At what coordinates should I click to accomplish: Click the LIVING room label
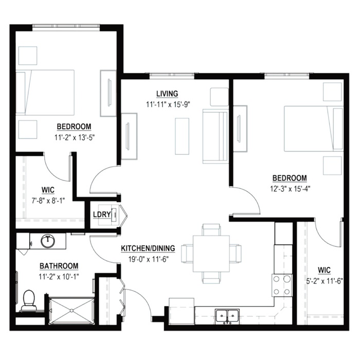167,94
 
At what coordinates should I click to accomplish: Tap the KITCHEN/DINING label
148,248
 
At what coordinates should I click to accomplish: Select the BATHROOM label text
59,266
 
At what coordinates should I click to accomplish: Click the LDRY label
102,214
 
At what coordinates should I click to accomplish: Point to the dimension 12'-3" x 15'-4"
290,189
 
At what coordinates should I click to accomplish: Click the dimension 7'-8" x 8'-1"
48,201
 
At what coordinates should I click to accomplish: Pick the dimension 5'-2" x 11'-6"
325,281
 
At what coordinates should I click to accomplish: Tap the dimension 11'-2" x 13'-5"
75,137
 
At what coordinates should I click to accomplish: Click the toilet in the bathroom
28,300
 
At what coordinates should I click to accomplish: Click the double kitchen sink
227,316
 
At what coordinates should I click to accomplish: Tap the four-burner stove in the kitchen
282,285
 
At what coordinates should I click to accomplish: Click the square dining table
211,254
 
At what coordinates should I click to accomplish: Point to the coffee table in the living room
182,136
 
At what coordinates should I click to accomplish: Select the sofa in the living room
215,136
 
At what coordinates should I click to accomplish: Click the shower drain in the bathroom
71,311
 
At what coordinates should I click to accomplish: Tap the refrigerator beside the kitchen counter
182,311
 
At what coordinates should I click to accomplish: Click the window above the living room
172,75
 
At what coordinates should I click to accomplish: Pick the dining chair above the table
211,229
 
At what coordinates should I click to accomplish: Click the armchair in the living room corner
219,97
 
